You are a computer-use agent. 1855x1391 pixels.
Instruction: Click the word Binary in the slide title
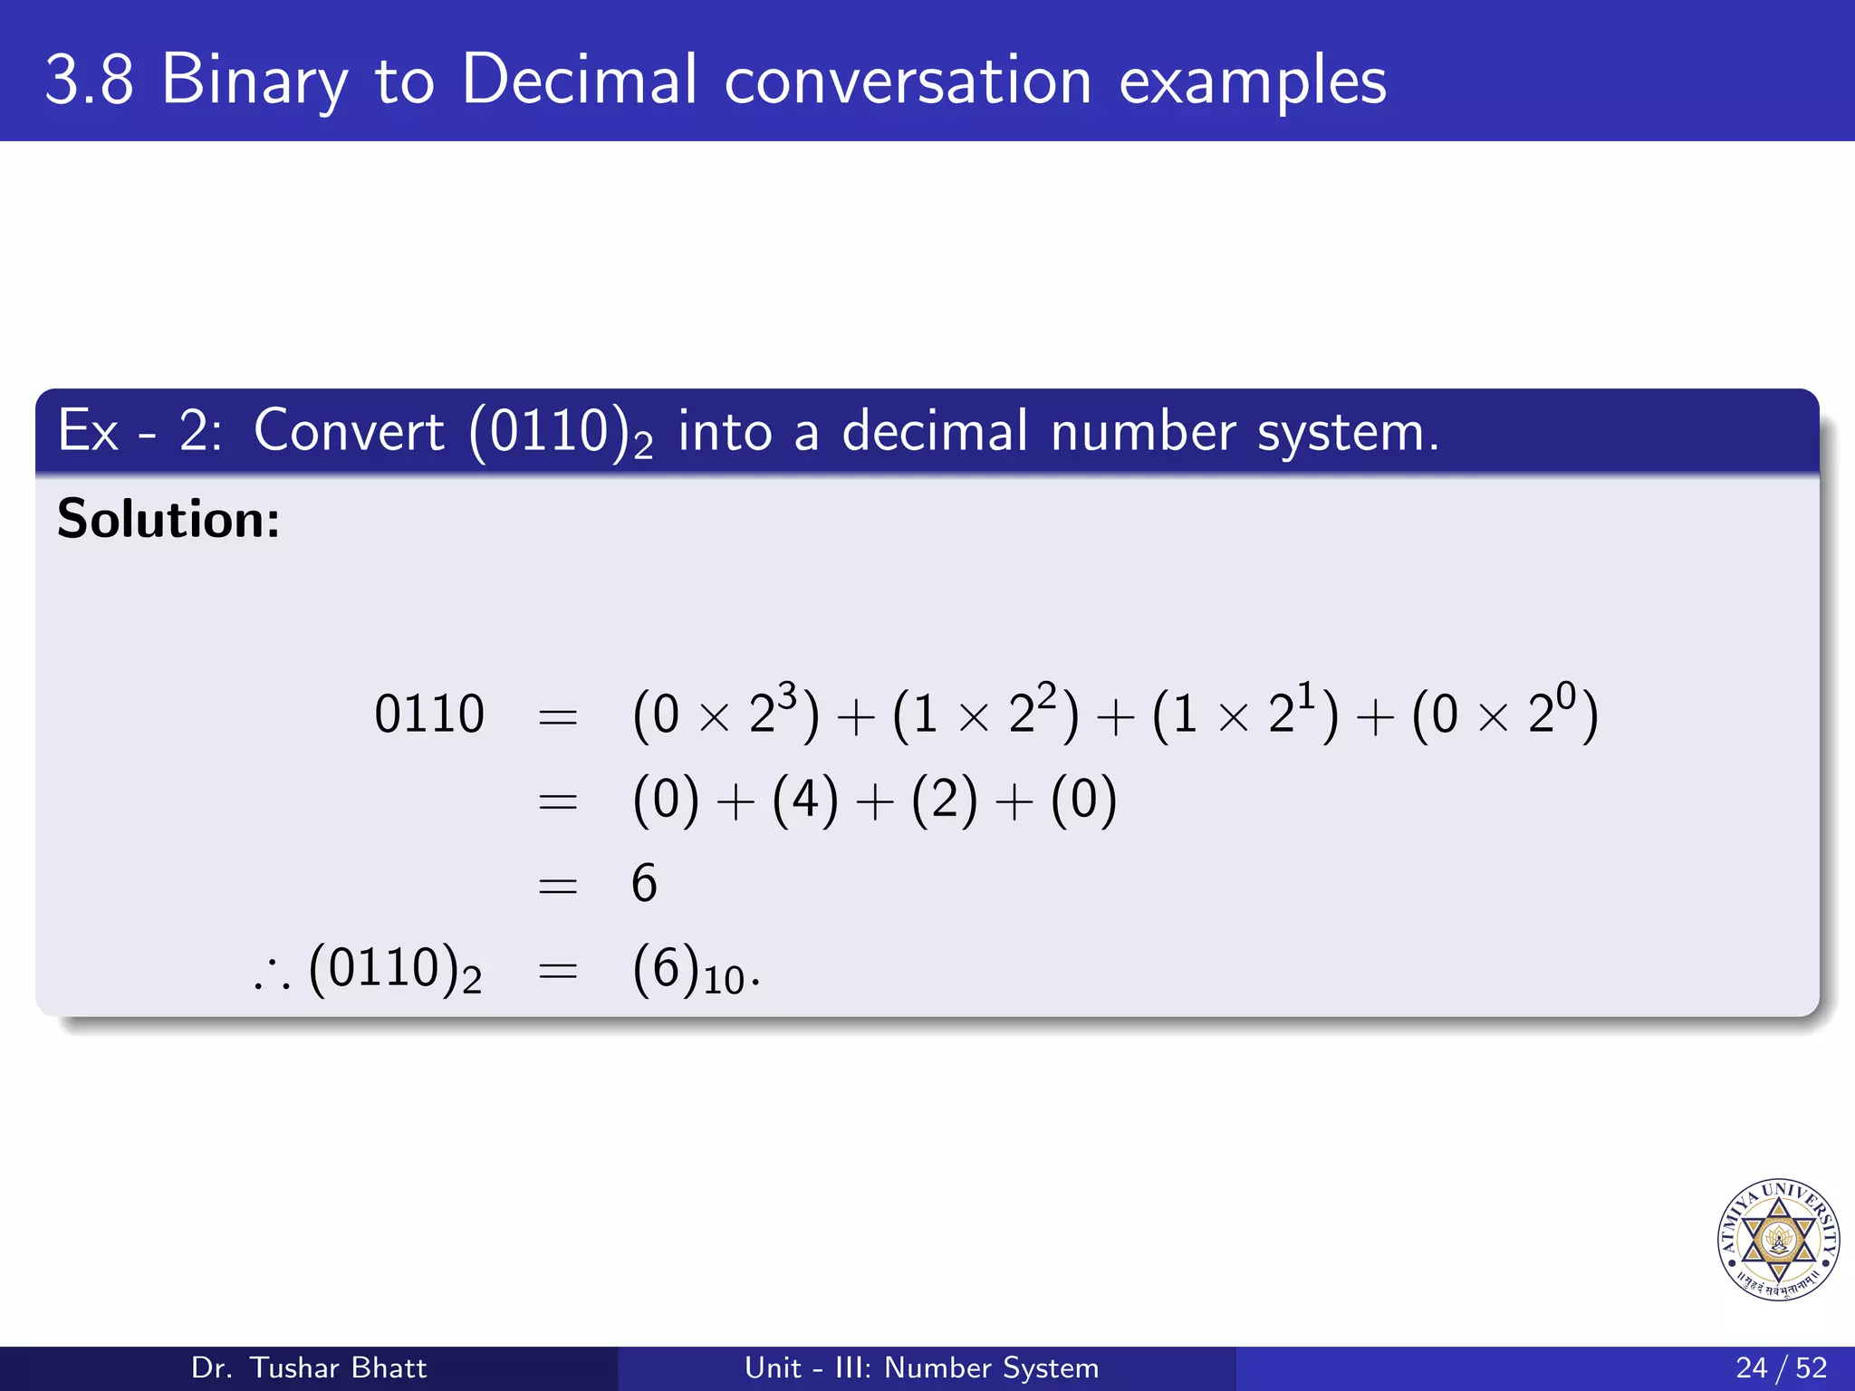(x=255, y=82)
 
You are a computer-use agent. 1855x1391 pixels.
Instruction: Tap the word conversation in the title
(x=908, y=82)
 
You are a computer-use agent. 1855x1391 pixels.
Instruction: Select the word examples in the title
(x=1253, y=82)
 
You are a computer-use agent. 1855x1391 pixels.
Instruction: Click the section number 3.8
(x=89, y=82)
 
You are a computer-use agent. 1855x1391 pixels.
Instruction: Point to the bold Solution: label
(x=168, y=520)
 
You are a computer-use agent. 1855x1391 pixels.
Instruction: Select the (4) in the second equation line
(x=805, y=801)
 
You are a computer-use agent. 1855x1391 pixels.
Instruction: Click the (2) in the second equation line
(x=945, y=801)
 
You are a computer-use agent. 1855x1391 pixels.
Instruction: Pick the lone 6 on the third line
(x=644, y=883)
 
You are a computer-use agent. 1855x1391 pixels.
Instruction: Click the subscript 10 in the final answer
(x=723, y=981)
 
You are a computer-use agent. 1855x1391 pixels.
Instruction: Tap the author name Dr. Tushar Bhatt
(x=309, y=1367)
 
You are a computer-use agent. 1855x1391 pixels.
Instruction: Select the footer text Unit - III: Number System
(x=921, y=1367)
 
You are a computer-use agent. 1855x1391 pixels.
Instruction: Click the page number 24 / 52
(x=1781, y=1367)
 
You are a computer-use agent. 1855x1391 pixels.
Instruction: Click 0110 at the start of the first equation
(x=429, y=715)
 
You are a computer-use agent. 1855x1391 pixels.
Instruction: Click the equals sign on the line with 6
(x=558, y=885)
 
